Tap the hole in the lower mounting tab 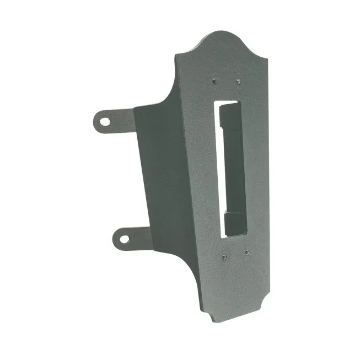coord(123,239)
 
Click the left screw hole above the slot coord(215,81)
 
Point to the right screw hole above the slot coord(238,82)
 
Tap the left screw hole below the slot coord(223,256)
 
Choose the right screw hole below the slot coord(246,253)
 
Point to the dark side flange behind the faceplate coord(160,176)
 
